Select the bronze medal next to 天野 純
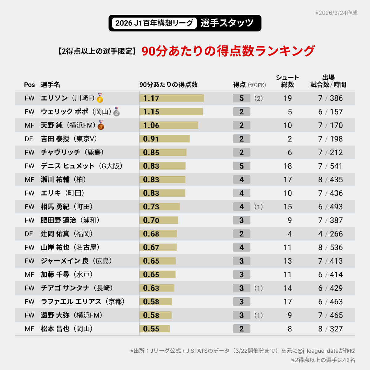tap(101, 125)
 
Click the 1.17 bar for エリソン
tap(172, 98)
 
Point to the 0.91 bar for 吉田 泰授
tap(165, 139)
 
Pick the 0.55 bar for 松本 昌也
tap(155, 329)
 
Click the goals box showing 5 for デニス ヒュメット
tap(241, 166)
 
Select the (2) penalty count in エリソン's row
tap(258, 98)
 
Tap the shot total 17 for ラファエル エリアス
tap(287, 302)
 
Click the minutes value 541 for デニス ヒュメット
tap(336, 166)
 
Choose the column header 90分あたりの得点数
tap(168, 84)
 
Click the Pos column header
tap(30, 85)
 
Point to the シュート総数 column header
tap(287, 81)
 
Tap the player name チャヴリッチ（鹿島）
tap(72, 152)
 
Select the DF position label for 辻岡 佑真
tap(29, 234)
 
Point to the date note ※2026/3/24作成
tap(336, 13)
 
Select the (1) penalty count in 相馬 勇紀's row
tap(258, 207)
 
